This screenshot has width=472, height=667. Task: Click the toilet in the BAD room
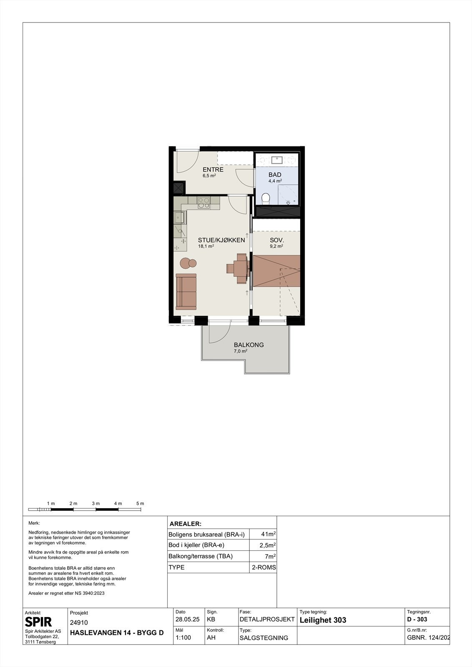265,198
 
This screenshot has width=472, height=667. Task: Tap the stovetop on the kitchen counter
204,203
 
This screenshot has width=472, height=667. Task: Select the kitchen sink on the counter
179,218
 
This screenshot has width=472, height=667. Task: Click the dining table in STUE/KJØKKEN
241,268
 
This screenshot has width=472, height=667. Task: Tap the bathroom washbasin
277,160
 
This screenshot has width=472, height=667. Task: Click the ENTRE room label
213,169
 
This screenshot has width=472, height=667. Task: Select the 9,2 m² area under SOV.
276,246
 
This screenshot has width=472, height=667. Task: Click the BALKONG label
249,345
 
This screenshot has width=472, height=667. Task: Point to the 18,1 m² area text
206,246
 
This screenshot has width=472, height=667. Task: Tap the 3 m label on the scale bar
95,504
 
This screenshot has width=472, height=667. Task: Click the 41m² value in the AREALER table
268,534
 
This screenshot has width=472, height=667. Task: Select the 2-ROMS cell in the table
264,567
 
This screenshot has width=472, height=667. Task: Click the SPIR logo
38,622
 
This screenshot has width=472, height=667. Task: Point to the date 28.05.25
187,619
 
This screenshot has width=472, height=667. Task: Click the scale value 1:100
183,637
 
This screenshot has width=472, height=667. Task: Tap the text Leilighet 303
323,620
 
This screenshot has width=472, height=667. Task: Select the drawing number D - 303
417,619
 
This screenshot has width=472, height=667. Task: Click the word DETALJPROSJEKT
267,619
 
